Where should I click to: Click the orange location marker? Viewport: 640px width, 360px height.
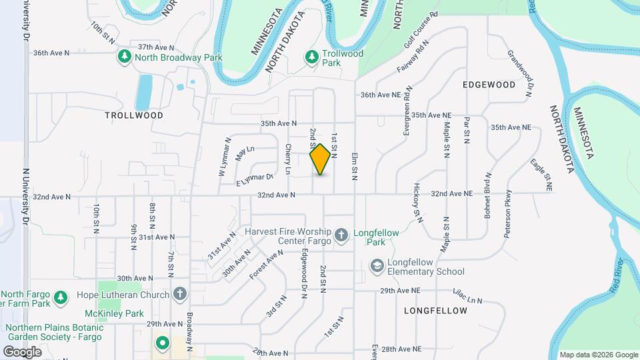click(x=320, y=159)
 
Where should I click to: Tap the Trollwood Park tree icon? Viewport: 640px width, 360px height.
click(x=311, y=58)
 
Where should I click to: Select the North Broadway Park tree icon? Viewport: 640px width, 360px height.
click(x=123, y=57)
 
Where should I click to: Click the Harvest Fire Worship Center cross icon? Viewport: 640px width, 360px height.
click(x=341, y=234)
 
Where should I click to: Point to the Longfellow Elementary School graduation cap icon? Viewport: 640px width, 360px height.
click(x=377, y=266)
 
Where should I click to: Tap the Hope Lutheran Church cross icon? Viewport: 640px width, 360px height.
click(x=179, y=294)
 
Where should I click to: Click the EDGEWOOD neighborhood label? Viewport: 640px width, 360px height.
click(x=489, y=85)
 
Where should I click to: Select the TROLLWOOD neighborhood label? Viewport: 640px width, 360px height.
click(x=134, y=115)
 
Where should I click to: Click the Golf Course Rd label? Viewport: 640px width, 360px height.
click(x=421, y=41)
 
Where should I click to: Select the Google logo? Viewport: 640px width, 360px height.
click(x=22, y=351)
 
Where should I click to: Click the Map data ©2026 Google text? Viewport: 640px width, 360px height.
click(x=598, y=355)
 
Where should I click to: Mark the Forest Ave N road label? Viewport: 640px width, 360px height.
click(x=267, y=265)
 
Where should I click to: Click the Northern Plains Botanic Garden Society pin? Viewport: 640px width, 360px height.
click(x=161, y=344)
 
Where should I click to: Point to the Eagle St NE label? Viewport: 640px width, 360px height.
click(x=541, y=175)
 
